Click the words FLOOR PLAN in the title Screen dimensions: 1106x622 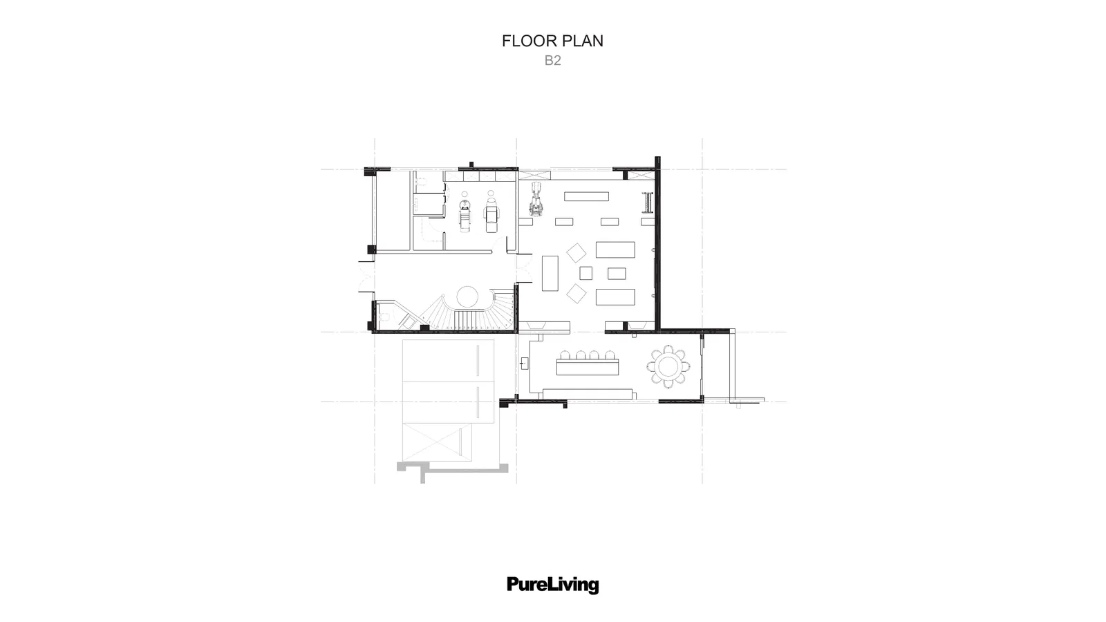tap(552, 41)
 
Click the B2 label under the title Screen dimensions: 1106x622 tap(552, 60)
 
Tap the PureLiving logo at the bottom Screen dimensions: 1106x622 tap(552, 585)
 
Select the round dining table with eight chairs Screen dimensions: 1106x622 tap(668, 366)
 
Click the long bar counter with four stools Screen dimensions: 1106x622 tap(588, 364)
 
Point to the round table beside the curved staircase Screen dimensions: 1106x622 tap(467, 296)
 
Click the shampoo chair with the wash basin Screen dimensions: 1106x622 tap(465, 216)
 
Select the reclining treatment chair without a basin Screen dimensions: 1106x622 tap(491, 215)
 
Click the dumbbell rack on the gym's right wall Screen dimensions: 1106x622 tap(648, 202)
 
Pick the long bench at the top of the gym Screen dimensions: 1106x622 tap(587, 196)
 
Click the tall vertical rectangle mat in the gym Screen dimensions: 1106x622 tap(550, 273)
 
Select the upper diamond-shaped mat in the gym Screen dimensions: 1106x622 tap(577, 253)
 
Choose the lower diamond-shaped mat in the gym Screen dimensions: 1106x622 tap(577, 293)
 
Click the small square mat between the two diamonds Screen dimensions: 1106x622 tap(585, 273)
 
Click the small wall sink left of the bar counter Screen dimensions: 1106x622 tap(524, 364)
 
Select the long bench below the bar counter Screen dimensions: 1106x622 tap(588, 394)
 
